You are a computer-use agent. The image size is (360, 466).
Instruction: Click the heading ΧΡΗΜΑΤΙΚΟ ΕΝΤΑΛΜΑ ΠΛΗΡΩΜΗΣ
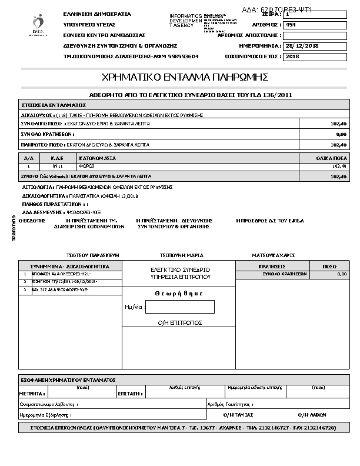click(185, 77)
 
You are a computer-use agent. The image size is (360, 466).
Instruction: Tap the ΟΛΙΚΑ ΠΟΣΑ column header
click(331, 158)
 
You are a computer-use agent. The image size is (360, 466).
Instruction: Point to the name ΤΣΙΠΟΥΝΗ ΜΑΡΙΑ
click(182, 255)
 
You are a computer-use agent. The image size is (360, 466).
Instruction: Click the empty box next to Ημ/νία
click(180, 307)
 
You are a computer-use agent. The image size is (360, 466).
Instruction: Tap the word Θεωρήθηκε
click(179, 293)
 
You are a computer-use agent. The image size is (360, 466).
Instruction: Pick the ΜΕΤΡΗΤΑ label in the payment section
click(29, 392)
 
